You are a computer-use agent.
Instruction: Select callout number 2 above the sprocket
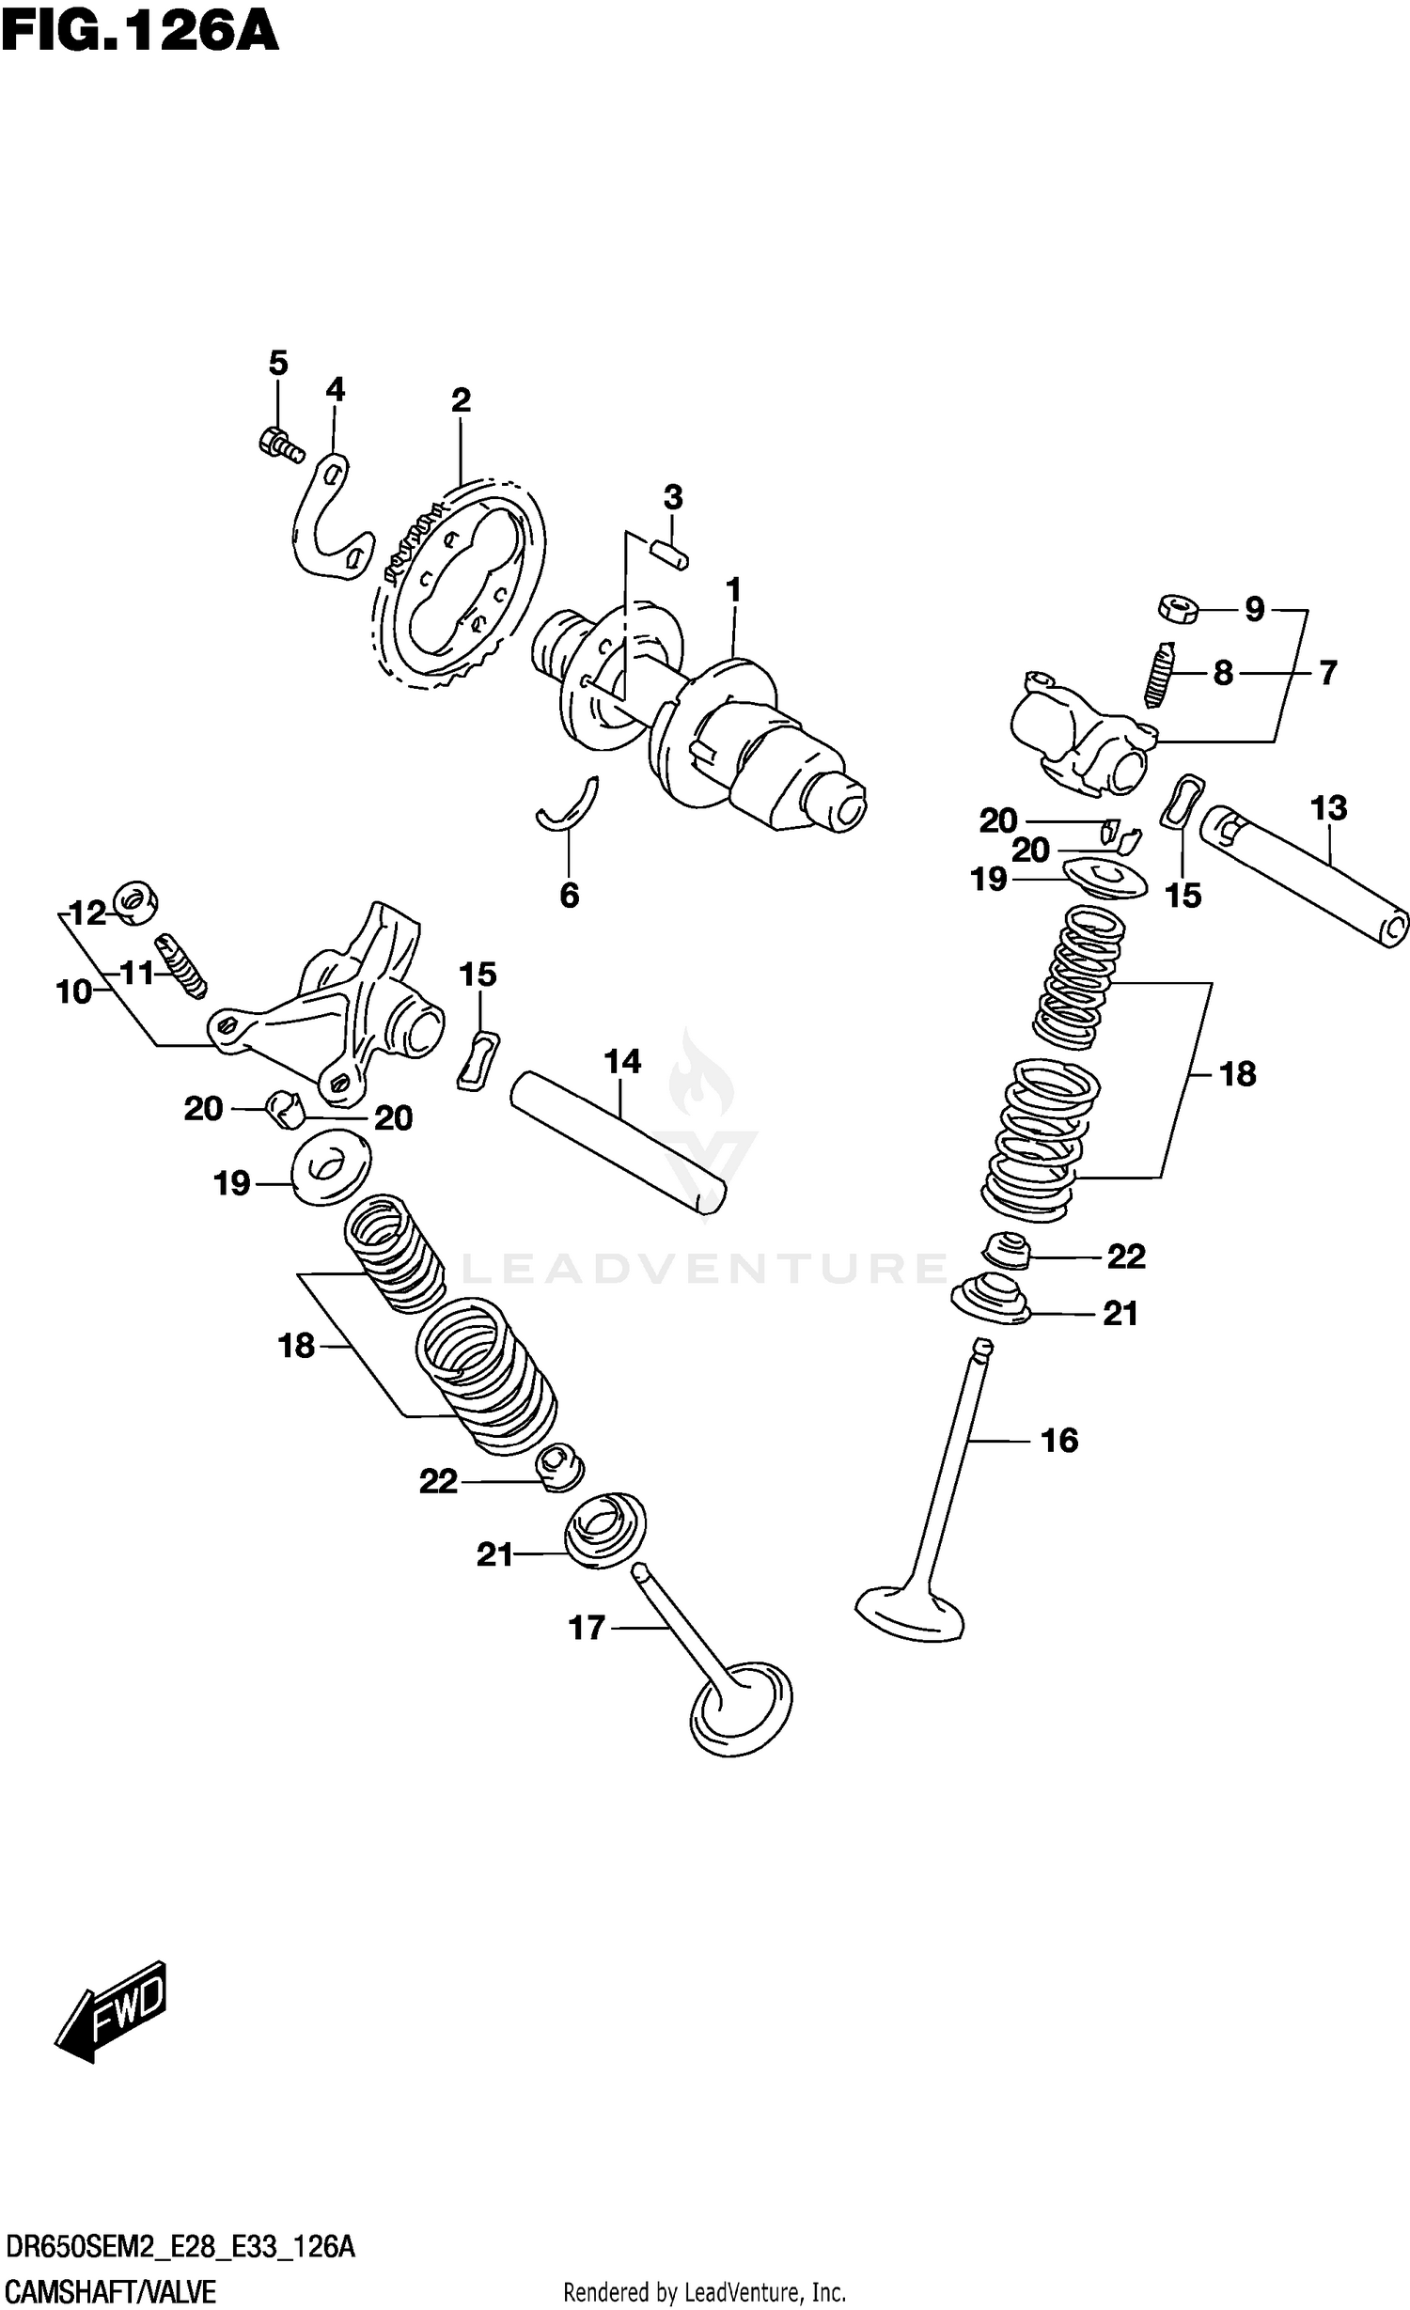tap(460, 400)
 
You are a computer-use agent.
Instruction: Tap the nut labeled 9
tap(1177, 608)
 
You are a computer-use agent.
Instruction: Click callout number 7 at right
tap(1326, 673)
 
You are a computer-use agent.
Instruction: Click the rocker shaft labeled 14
tap(619, 1142)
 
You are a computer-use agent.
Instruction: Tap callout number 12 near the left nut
tap(89, 913)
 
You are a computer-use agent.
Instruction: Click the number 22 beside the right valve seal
tap(1126, 1256)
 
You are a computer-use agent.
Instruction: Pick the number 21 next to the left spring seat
tap(494, 1555)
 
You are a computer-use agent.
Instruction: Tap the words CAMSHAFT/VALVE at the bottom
tap(110, 2286)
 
